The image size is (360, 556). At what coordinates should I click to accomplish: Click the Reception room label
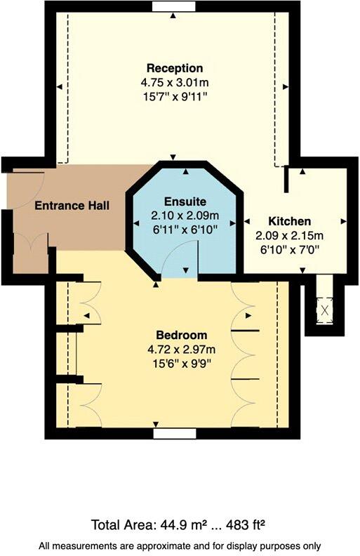point(175,68)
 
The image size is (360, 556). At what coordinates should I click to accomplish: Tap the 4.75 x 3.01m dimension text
point(175,81)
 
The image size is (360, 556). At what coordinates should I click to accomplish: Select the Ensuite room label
point(186,202)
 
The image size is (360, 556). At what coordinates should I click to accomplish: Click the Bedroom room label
point(179,334)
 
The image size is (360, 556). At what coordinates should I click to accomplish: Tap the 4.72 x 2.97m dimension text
point(179,348)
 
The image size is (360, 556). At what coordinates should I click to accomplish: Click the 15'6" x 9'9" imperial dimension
point(179,362)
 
